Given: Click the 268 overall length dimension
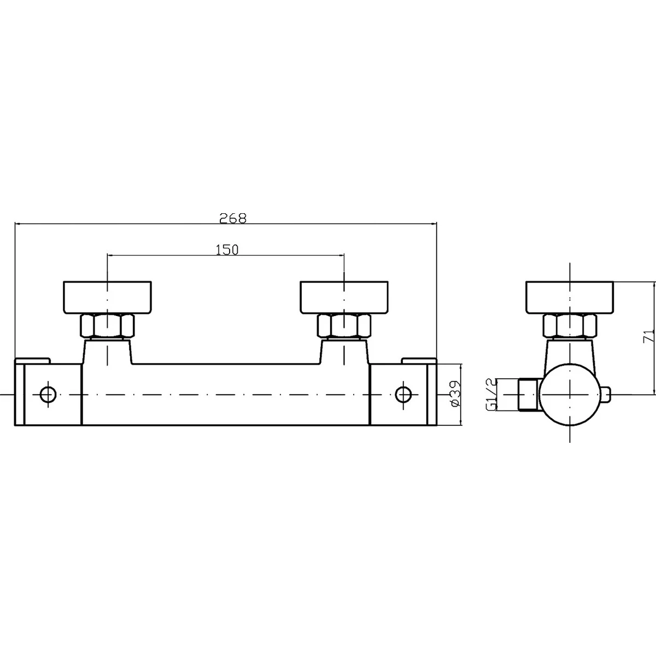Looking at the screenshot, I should coord(233,218).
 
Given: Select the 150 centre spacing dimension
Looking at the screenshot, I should coord(227,250).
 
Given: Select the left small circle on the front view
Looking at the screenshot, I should coord(48,394).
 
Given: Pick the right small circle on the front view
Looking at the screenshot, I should coord(403,394).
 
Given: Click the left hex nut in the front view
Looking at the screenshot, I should coord(108,326).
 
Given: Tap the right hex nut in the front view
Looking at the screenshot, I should coord(344,326).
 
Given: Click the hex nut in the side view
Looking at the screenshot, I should coord(569,326).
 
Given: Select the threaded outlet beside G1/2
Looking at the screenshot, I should coord(528,395).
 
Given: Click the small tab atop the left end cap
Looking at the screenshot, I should coord(32,360).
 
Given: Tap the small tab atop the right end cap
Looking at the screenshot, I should coord(419,360).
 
